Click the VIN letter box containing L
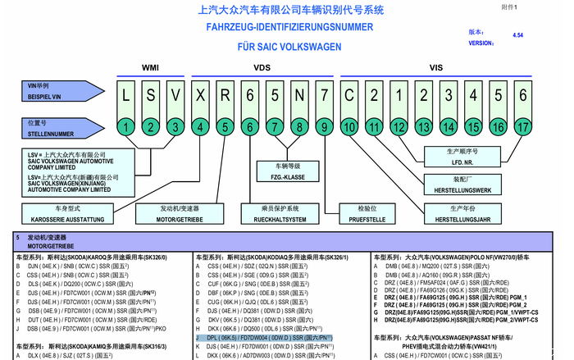click(x=125, y=95)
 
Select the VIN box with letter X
click(x=201, y=95)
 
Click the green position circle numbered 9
click(x=325, y=127)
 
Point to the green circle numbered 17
click(x=522, y=127)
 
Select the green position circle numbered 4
click(x=201, y=127)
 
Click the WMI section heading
click(x=151, y=66)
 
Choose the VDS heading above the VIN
click(x=262, y=66)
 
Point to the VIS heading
click(x=436, y=66)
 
